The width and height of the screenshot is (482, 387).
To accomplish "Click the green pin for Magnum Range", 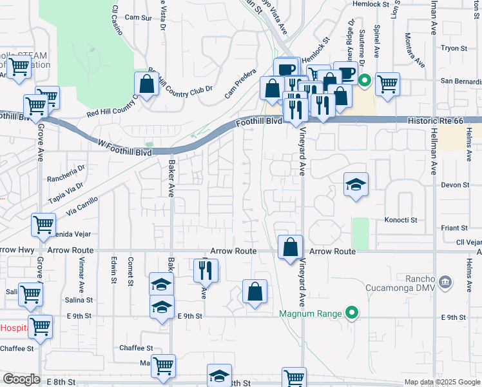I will point(351,313).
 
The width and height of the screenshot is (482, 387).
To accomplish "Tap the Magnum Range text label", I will point(309,314).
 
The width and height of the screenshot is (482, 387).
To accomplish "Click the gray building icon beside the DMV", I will point(445,281).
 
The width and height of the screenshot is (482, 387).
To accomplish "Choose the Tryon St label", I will point(454,48).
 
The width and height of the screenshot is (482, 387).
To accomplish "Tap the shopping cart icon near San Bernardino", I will point(387,84).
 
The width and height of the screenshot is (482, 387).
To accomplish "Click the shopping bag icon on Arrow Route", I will point(291,247).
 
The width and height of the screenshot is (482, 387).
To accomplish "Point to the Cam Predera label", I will point(240,85).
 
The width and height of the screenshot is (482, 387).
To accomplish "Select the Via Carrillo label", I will point(82,206).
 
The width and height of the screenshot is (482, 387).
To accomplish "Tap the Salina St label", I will point(79,301).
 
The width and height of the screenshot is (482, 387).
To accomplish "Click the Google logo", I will point(21,379).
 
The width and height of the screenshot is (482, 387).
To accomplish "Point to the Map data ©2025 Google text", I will point(441,382).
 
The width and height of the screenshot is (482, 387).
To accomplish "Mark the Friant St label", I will point(454,228).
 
